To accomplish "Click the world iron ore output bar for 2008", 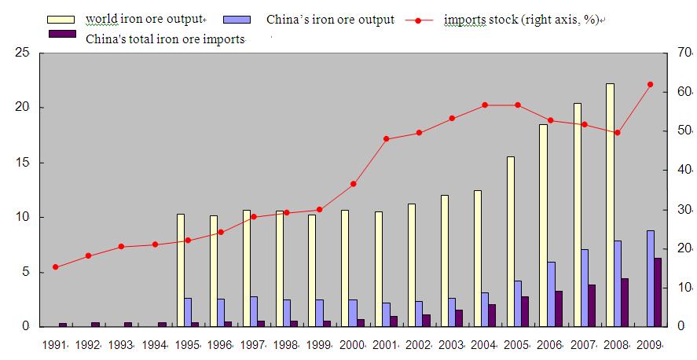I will (x=610, y=204).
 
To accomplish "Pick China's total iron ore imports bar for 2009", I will (x=658, y=292).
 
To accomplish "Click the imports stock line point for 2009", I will (x=650, y=84).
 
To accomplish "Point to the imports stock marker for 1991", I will (x=55, y=267).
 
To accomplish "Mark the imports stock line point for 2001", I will (x=386, y=138).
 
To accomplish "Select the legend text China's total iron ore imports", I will (x=165, y=39).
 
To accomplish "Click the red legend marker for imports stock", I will (x=425, y=20).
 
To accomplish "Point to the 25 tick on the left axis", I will (x=23, y=53).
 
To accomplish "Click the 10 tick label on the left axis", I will (x=23, y=217).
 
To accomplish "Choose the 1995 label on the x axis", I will (x=188, y=343).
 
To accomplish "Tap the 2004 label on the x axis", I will (x=485, y=343).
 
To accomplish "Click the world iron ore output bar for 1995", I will (x=180, y=270).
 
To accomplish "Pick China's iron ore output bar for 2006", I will (x=552, y=294).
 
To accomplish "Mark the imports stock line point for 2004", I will (x=485, y=105).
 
